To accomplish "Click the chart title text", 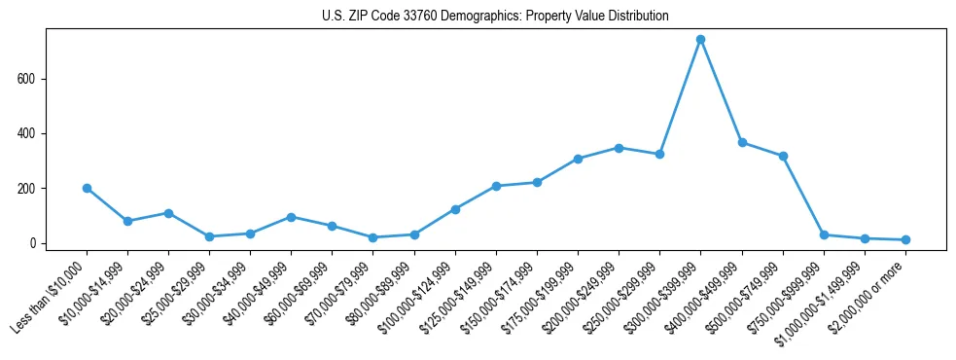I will (495, 17).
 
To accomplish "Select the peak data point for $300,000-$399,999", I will (700, 40).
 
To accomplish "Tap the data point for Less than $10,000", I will (87, 188).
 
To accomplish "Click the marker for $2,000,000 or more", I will (905, 239).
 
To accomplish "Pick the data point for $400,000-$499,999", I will (742, 142).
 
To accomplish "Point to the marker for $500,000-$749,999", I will (783, 156).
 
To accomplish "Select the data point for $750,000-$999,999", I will (824, 234).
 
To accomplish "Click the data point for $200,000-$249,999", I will (619, 148).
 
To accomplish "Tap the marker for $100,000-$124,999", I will (455, 209).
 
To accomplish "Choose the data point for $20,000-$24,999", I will (168, 213).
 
